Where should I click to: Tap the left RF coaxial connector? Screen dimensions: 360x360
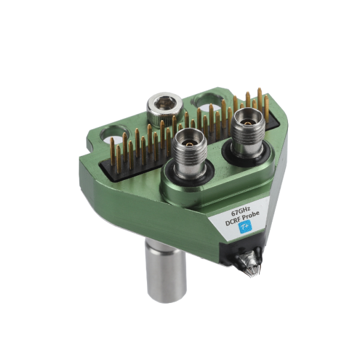(x=187, y=153)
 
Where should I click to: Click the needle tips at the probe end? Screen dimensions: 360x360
(x=252, y=271)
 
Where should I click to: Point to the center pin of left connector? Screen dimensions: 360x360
(x=188, y=144)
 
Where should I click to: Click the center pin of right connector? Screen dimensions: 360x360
(x=247, y=119)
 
